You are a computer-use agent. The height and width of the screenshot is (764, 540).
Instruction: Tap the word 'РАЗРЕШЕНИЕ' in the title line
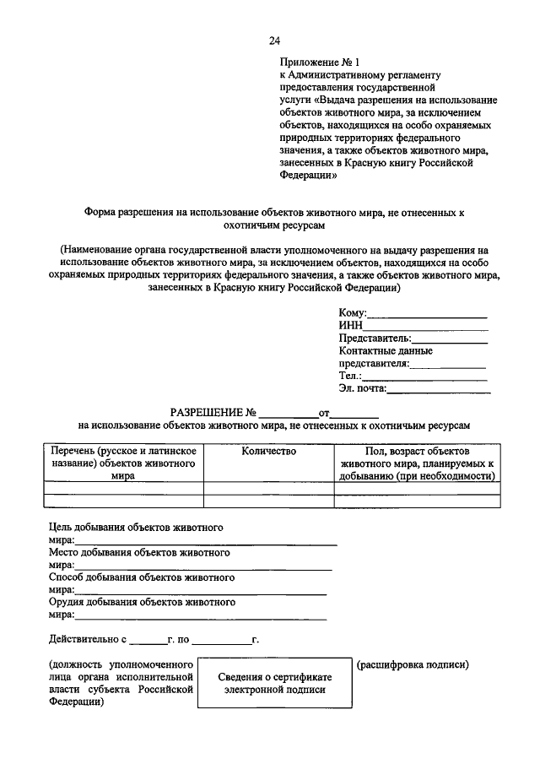208,414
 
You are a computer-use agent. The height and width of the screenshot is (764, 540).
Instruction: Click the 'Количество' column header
268,452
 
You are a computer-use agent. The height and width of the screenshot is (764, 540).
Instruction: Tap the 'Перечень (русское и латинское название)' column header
123,463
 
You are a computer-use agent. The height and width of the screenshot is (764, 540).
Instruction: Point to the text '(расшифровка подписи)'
413,665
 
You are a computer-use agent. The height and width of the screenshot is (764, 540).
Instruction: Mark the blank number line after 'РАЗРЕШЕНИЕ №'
287,415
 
